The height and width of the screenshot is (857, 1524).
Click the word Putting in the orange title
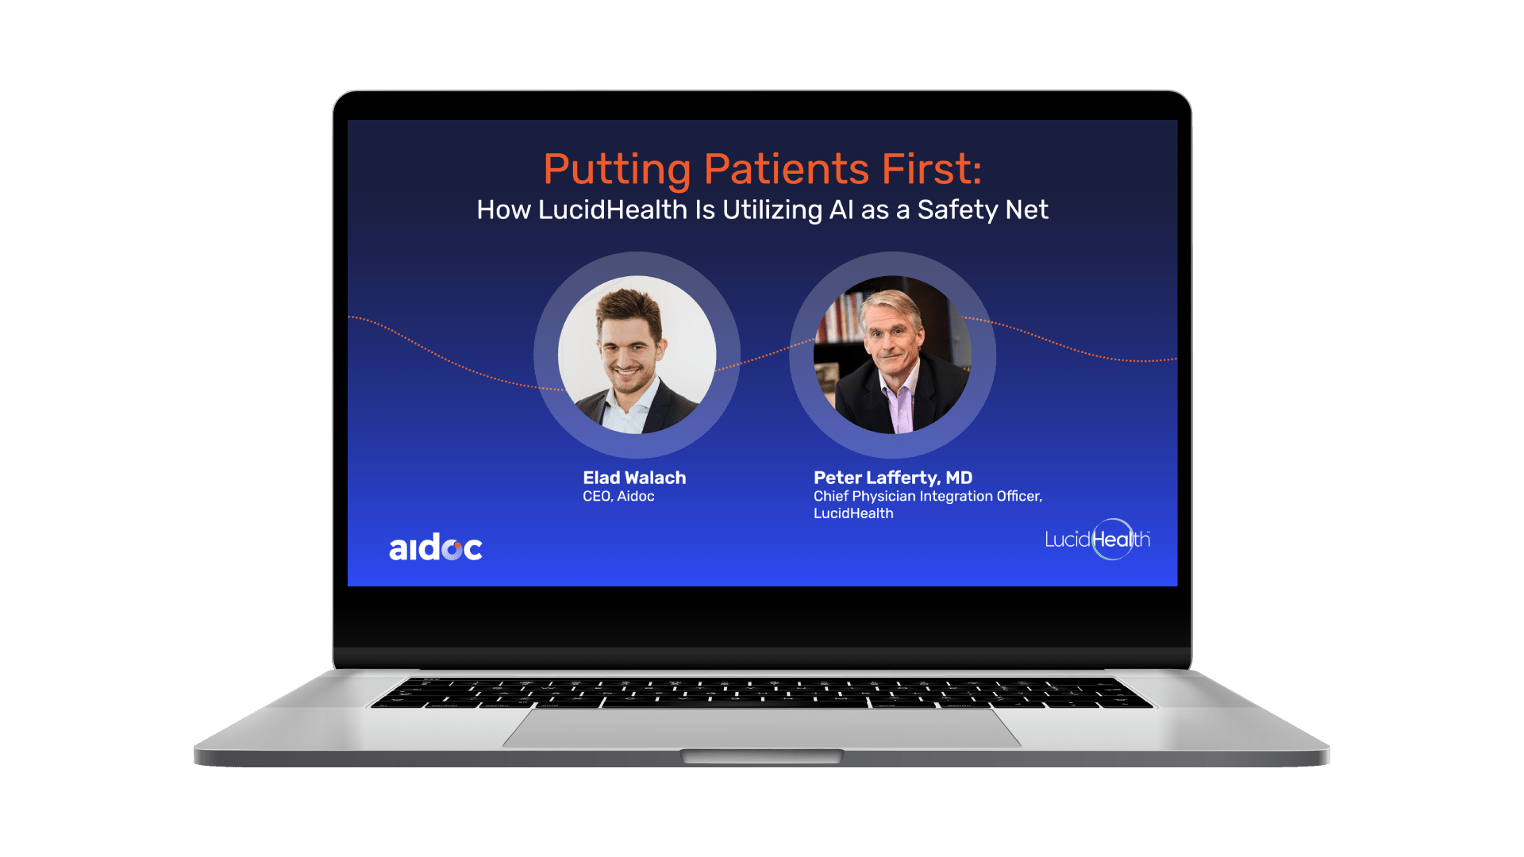617,170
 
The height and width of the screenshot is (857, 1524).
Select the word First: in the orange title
932,169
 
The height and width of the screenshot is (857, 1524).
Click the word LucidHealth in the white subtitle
612,209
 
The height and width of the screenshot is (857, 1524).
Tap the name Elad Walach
634,478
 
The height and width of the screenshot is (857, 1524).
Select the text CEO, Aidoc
618,497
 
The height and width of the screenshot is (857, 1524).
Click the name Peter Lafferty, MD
892,478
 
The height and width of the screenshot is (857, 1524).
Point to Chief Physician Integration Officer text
927,497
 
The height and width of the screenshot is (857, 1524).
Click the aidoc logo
435,548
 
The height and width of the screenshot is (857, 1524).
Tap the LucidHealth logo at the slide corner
1097,540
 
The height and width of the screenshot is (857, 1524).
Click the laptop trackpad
761,728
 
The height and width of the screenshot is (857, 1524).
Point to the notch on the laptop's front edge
761,755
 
